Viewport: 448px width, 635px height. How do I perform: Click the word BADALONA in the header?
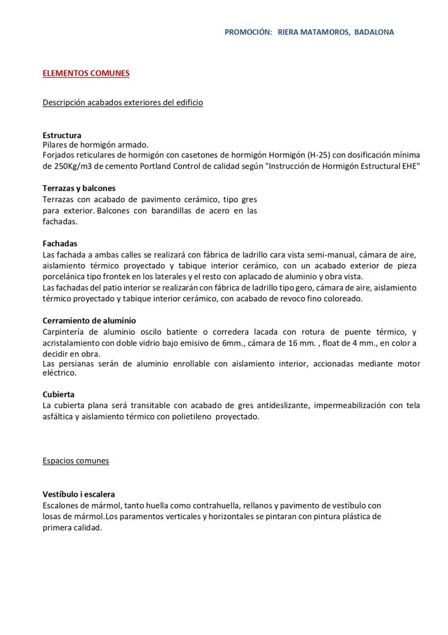pos(374,32)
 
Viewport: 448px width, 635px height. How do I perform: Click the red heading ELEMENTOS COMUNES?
pos(86,73)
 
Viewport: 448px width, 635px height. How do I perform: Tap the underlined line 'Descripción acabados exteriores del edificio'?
pos(123,102)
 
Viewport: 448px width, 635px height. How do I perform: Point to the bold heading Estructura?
pos(62,135)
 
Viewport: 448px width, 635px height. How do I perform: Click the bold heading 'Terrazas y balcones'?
pos(79,188)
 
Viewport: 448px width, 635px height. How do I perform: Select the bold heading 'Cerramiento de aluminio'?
pos(89,320)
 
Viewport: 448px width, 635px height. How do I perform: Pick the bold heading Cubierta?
pos(59,394)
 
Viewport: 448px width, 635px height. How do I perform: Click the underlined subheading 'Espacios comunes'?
pos(76,461)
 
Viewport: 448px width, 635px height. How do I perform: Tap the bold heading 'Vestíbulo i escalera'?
pos(79,494)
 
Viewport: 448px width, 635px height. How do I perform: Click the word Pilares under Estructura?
pos(56,144)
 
